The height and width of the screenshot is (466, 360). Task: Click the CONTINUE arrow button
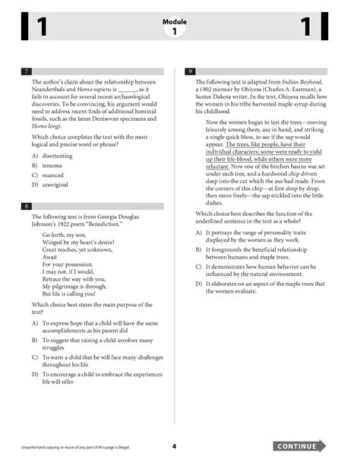pos(300,445)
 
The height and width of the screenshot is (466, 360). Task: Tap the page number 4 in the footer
pos(174,446)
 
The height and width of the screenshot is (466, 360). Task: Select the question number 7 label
pos(26,71)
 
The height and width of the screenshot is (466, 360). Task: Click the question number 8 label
pos(26,207)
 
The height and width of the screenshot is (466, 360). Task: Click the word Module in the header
pos(174,23)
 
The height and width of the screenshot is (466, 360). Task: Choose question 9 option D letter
pos(198,284)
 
